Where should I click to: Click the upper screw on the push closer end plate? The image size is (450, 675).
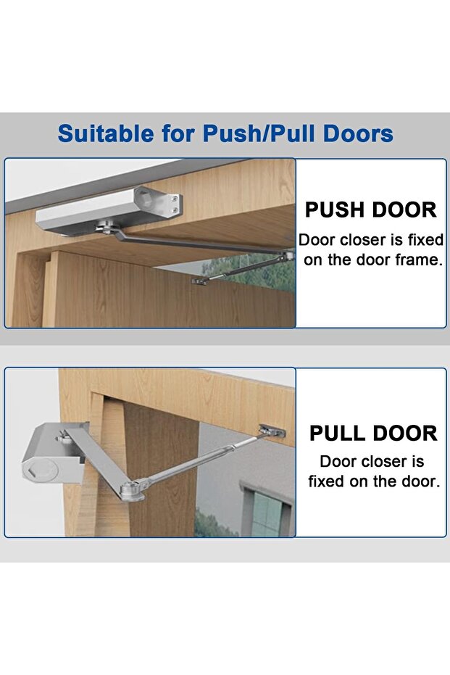tap(174, 199)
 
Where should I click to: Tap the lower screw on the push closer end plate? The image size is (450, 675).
tap(174, 210)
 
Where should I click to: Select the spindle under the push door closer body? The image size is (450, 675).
tap(103, 226)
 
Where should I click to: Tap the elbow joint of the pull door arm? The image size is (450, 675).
tap(130, 491)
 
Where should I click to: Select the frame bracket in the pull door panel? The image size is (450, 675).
tap(271, 430)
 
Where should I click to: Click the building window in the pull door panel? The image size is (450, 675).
tap(267, 513)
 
